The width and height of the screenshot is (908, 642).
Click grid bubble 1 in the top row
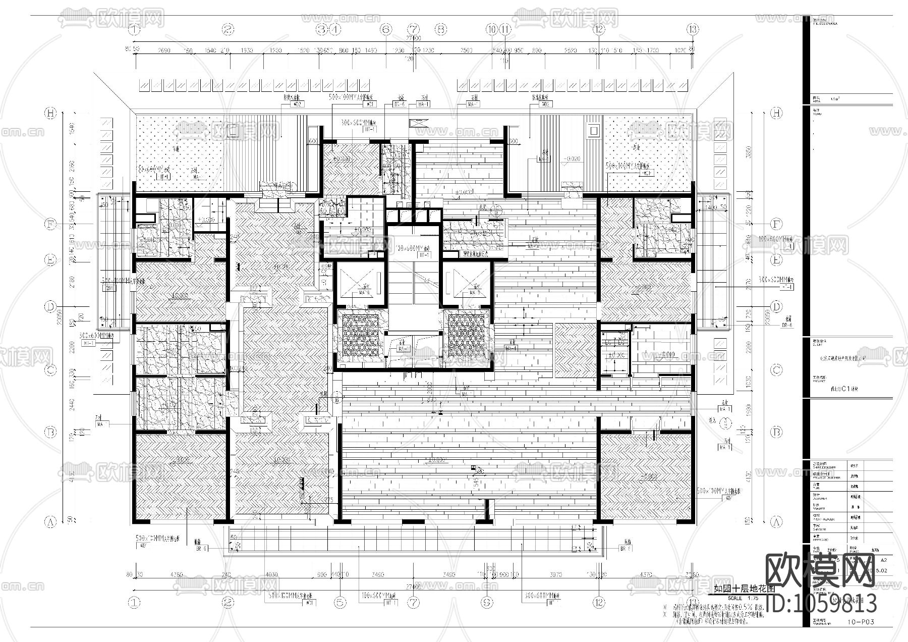(134, 29)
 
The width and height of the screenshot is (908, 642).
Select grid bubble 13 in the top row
(693, 29)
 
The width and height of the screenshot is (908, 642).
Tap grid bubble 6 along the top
(386, 29)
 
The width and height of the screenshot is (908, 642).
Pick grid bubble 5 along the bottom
(340, 602)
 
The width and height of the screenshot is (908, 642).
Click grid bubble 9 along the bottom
(487, 602)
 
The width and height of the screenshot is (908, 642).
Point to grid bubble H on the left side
(50, 113)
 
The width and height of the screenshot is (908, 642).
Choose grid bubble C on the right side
(776, 370)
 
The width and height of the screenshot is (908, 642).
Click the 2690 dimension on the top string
(164, 50)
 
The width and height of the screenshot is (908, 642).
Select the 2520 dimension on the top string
(570, 50)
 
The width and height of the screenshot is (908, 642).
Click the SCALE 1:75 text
(736, 598)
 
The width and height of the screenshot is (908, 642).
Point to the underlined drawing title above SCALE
(736, 589)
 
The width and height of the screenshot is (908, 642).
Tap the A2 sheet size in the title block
(883, 560)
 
